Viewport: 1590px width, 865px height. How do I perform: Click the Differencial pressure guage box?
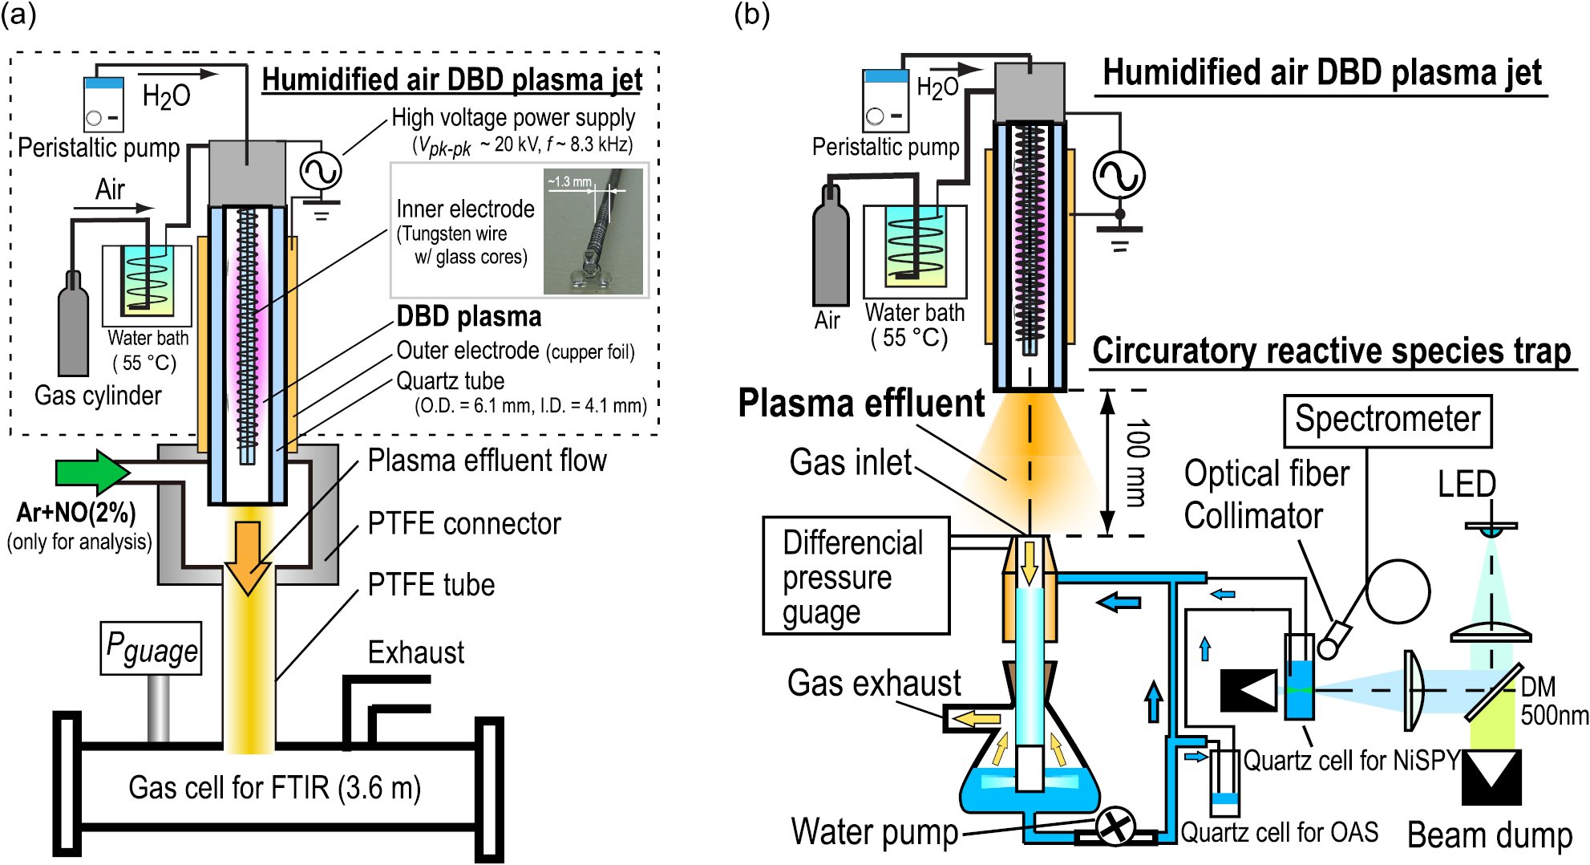click(856, 575)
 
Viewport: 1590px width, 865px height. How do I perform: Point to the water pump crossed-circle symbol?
click(1115, 826)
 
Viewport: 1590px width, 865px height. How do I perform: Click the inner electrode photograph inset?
click(593, 231)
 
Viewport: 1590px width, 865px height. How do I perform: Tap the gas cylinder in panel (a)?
click(73, 325)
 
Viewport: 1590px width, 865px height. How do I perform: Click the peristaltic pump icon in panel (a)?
click(103, 104)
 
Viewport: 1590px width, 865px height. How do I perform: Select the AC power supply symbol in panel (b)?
click(1119, 175)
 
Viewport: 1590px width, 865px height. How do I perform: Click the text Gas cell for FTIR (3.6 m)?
click(274, 788)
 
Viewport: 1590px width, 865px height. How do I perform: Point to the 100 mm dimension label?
click(1137, 463)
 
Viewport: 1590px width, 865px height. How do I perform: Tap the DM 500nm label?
click(1554, 701)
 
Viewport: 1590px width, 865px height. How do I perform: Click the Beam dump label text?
click(1490, 835)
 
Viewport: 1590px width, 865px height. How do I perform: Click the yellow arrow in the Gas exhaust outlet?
click(977, 719)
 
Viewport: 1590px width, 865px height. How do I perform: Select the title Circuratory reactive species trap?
click(1331, 351)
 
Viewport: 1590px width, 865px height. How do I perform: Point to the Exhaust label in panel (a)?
click(415, 653)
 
